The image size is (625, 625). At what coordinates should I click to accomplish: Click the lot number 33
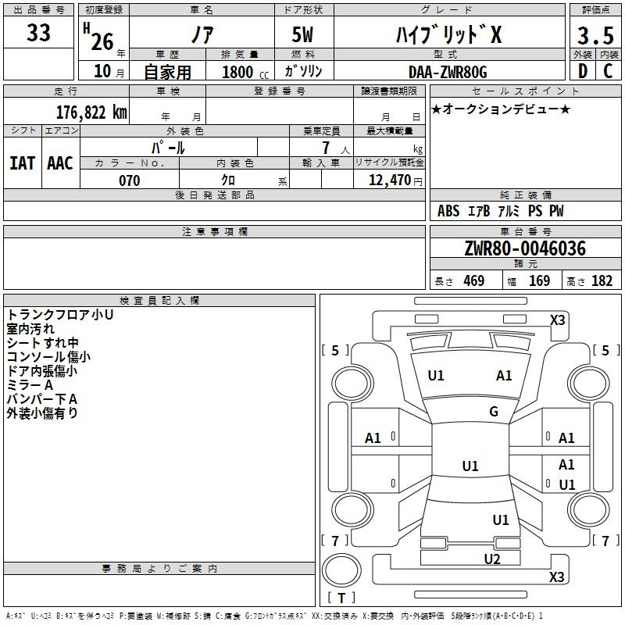tap(38, 34)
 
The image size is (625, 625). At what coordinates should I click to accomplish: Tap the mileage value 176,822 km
tap(91, 112)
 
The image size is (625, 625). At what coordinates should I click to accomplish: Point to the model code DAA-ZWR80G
tap(448, 72)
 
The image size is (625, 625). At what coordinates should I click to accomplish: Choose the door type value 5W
tap(304, 35)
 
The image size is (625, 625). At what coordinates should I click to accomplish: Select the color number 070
tap(129, 180)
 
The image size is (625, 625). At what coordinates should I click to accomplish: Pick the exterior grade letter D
tap(582, 71)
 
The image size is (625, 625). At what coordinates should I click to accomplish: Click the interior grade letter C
tap(608, 71)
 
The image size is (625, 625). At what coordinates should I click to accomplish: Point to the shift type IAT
tap(22, 162)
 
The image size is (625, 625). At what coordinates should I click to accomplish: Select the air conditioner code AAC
tap(60, 162)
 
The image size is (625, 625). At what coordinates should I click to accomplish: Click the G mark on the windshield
tap(493, 412)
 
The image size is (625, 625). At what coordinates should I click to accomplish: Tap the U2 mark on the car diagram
tap(491, 559)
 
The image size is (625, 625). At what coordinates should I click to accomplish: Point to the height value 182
tap(602, 281)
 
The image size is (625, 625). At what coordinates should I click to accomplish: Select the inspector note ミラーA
tap(30, 385)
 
